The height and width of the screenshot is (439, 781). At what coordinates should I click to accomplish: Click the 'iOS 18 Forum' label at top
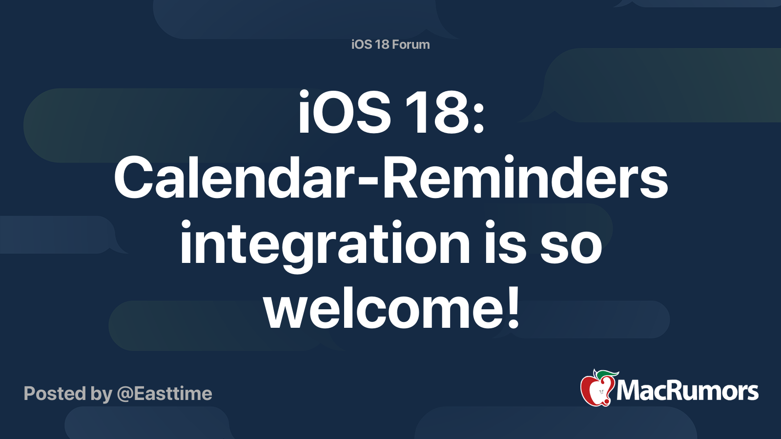[390, 44]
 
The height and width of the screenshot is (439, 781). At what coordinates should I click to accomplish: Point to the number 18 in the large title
[437, 112]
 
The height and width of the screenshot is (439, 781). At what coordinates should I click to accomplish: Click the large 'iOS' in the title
[344, 112]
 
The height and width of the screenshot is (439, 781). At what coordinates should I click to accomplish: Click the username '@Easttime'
[164, 394]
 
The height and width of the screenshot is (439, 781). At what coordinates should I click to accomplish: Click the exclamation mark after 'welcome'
[513, 307]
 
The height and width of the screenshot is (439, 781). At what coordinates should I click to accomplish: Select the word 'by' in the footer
[102, 395]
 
